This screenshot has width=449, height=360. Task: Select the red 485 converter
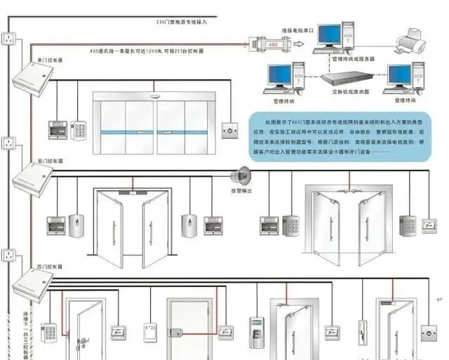265,43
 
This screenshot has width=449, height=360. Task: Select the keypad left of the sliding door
78,130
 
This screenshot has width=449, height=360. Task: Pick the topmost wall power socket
8,39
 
